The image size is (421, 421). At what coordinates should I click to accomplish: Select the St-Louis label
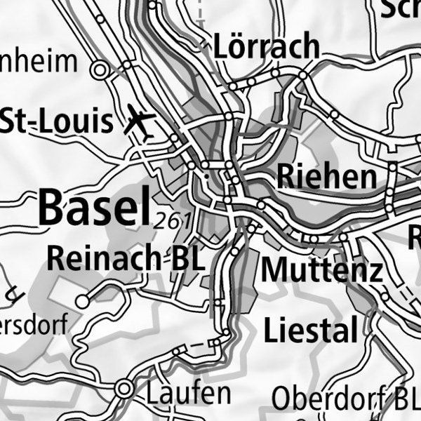[56, 122]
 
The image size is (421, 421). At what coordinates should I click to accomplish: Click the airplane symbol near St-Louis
[140, 123]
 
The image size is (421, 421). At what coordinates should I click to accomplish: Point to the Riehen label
[326, 176]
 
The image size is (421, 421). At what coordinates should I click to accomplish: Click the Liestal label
[311, 329]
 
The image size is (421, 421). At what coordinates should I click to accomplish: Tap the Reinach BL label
[126, 258]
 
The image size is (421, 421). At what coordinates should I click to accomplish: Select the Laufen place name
[188, 393]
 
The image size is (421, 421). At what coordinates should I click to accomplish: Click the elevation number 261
[171, 220]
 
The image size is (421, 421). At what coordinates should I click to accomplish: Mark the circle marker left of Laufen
[126, 388]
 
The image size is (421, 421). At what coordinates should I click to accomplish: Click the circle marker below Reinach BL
[83, 302]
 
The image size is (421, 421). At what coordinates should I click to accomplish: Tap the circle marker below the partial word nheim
[100, 69]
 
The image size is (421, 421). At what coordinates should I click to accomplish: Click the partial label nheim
[39, 62]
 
